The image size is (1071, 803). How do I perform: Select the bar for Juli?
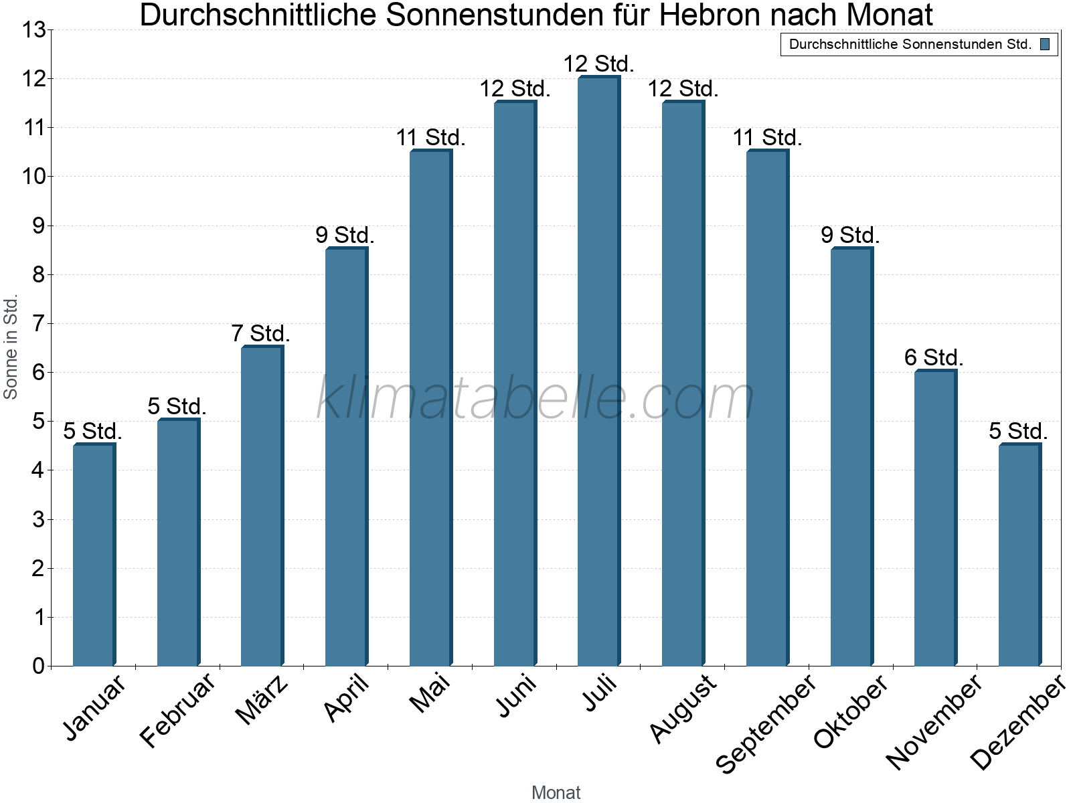[599, 371]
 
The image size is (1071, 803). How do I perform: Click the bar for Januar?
[94, 555]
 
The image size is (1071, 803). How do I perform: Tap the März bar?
[262, 506]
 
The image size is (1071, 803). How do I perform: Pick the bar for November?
[936, 518]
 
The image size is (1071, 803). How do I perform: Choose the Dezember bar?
[1020, 555]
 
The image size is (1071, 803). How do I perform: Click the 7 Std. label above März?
[260, 333]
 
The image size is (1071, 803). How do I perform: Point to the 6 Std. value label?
[934, 357]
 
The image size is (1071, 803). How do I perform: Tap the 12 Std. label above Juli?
[598, 64]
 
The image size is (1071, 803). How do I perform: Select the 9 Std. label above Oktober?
[850, 235]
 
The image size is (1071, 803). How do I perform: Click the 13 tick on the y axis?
[33, 30]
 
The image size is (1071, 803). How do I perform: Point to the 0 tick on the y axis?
[39, 666]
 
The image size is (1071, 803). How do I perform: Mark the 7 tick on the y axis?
[39, 324]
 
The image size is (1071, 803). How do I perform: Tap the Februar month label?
[177, 709]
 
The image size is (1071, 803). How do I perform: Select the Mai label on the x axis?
[429, 693]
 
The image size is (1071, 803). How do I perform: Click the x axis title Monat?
[556, 793]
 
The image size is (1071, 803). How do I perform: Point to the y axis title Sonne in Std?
[10, 347]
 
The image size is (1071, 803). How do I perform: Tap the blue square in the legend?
[1045, 44]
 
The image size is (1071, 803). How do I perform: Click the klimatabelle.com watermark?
[535, 397]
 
